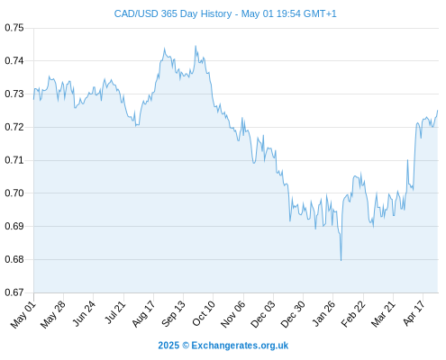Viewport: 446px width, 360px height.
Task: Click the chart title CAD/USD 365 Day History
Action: tap(173, 13)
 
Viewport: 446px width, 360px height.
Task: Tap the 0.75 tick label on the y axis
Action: tap(14, 28)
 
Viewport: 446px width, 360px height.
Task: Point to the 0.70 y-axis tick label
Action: tap(14, 193)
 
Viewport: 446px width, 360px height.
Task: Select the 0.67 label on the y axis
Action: tap(14, 292)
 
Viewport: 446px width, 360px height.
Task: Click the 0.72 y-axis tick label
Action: tap(14, 127)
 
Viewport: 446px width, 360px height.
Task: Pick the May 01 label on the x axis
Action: tap(23, 314)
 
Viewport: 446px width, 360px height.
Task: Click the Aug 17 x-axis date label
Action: tap(143, 313)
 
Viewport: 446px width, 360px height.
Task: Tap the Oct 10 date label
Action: tap(204, 313)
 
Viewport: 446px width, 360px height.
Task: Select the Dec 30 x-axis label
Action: tap(293, 314)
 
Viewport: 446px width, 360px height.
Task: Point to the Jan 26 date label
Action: tap(323, 313)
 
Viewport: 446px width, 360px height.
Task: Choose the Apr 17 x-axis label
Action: tap(414, 313)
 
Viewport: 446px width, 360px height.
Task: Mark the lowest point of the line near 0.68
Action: tap(341, 260)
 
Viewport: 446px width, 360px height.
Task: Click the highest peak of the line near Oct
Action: tap(196, 46)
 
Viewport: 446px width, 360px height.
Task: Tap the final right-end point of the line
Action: tap(438, 111)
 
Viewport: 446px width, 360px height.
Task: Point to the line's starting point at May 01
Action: tap(33, 99)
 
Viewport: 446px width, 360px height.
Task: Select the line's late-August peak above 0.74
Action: tap(164, 48)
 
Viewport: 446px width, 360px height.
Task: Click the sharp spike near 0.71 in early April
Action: tap(407, 160)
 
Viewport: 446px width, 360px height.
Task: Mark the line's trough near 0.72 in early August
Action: tap(136, 126)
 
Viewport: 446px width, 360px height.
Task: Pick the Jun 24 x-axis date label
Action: tap(84, 313)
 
